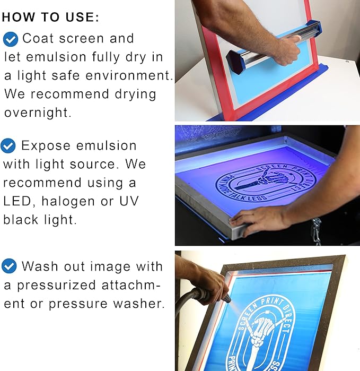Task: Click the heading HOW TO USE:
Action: click(x=50, y=17)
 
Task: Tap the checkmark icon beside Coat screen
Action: click(x=10, y=39)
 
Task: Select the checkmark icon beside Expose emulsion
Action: click(x=8, y=145)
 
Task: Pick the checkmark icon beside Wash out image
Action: click(x=9, y=266)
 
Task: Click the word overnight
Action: click(x=37, y=113)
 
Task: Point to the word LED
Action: click(x=15, y=201)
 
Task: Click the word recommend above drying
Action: click(x=68, y=94)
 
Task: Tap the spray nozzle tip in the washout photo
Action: click(x=227, y=299)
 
